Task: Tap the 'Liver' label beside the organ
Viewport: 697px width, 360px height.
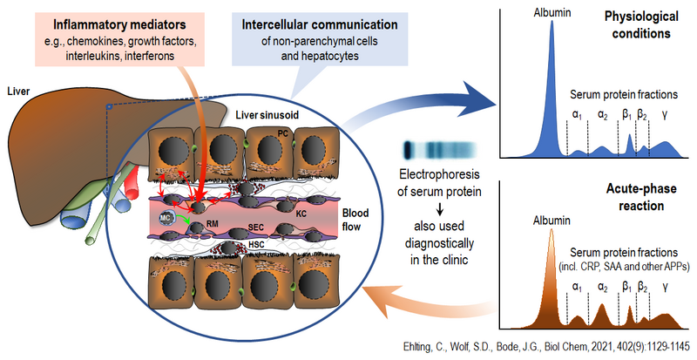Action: (17, 89)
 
